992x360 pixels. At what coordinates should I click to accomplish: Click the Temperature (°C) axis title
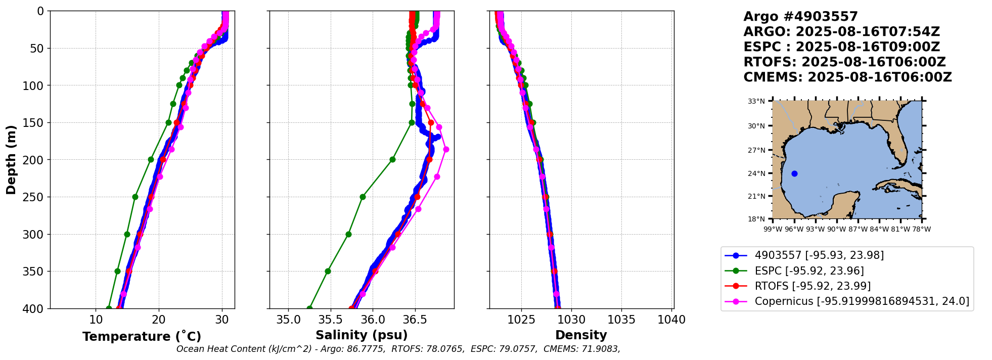tap(142, 337)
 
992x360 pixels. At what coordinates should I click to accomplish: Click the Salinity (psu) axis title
tap(362, 335)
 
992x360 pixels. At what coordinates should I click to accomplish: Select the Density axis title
tap(581, 335)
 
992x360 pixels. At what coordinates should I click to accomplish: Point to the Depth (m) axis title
tap(11, 159)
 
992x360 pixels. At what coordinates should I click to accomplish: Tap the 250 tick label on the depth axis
tap(34, 197)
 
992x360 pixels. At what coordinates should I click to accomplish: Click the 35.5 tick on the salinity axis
tap(330, 320)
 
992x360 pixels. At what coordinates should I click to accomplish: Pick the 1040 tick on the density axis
tap(672, 320)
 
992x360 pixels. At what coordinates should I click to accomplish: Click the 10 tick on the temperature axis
tap(96, 320)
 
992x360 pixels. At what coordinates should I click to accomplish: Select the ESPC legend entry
tap(809, 271)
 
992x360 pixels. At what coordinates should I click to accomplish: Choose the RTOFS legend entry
tap(813, 286)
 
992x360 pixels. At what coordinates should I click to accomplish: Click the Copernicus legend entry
tap(862, 302)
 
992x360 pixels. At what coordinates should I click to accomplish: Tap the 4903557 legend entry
tap(819, 255)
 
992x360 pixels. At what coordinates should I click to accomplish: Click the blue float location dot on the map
tap(794, 173)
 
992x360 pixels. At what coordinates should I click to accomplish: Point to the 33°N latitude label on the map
tap(756, 101)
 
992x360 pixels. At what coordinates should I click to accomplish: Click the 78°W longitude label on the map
tap(921, 230)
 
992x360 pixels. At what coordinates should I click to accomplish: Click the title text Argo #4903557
tap(800, 17)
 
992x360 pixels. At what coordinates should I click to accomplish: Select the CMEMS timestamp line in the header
tap(847, 77)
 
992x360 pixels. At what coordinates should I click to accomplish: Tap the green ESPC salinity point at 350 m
tap(328, 272)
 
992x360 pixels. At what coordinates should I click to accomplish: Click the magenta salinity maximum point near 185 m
tap(446, 149)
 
